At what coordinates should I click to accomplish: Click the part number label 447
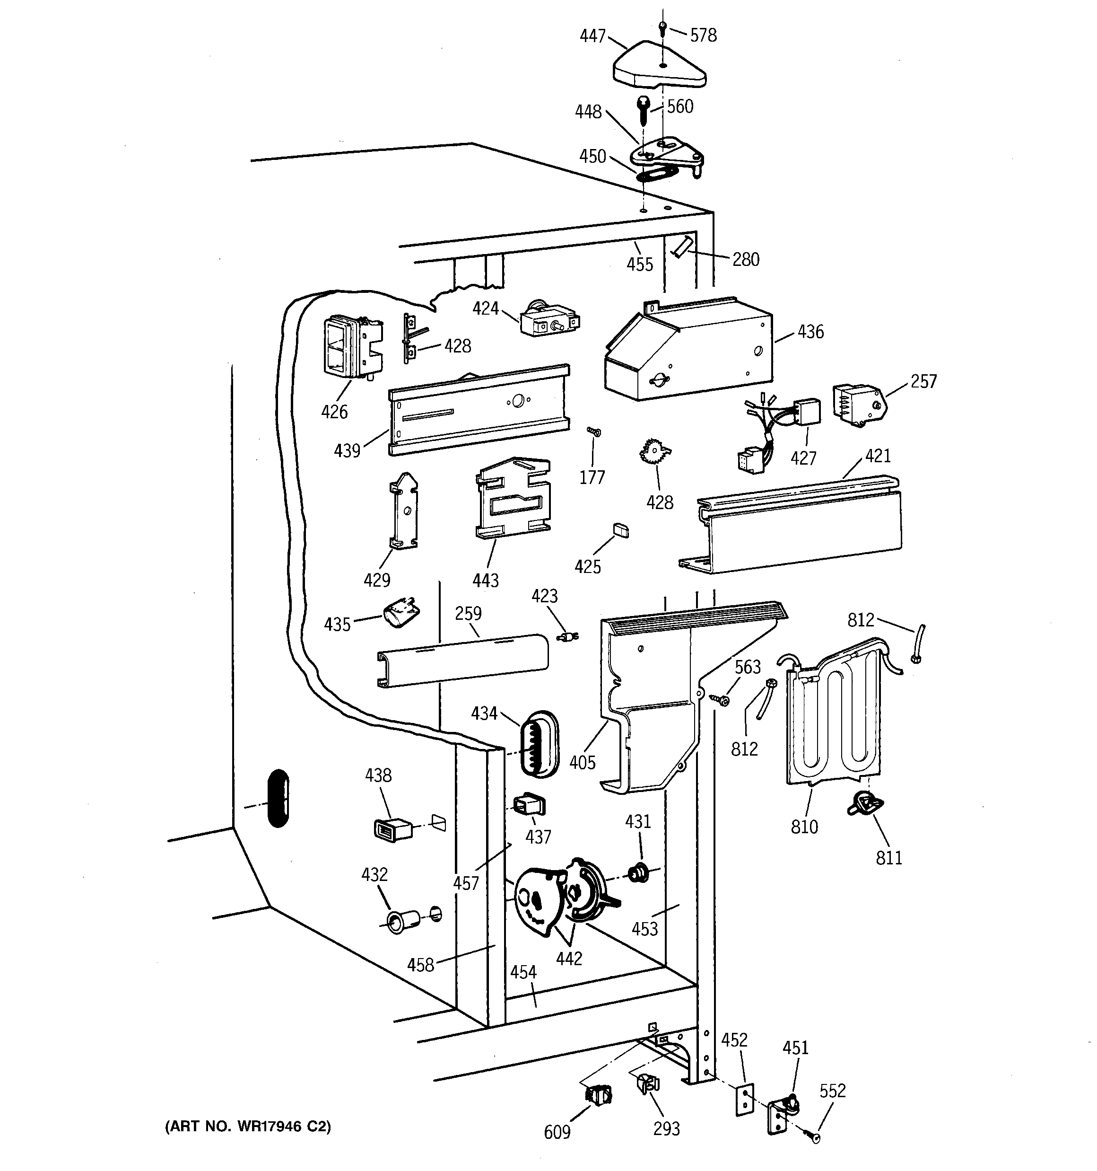pos(592,36)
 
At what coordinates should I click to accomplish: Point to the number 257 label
pos(923,382)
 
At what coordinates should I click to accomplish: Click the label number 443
pos(485,581)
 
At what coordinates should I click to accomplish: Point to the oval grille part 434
pos(538,743)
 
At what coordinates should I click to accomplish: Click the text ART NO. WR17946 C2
pos(247,1126)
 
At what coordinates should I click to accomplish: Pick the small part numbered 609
pos(598,1094)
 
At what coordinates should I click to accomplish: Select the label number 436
pos(810,332)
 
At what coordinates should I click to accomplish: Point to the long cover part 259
pos(462,660)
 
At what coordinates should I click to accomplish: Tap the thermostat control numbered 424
pos(549,322)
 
